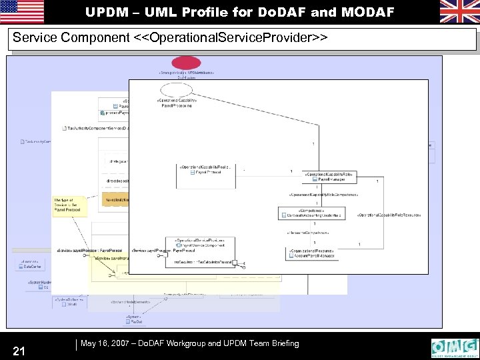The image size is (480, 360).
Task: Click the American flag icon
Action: tap(22, 11)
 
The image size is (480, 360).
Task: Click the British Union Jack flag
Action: tap(459, 11)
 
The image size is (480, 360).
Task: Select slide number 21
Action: tap(19, 349)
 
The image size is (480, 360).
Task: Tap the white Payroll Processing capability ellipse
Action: tap(176, 90)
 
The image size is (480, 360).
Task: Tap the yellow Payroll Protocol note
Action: tap(69, 205)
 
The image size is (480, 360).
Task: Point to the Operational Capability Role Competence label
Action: tap(324, 194)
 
